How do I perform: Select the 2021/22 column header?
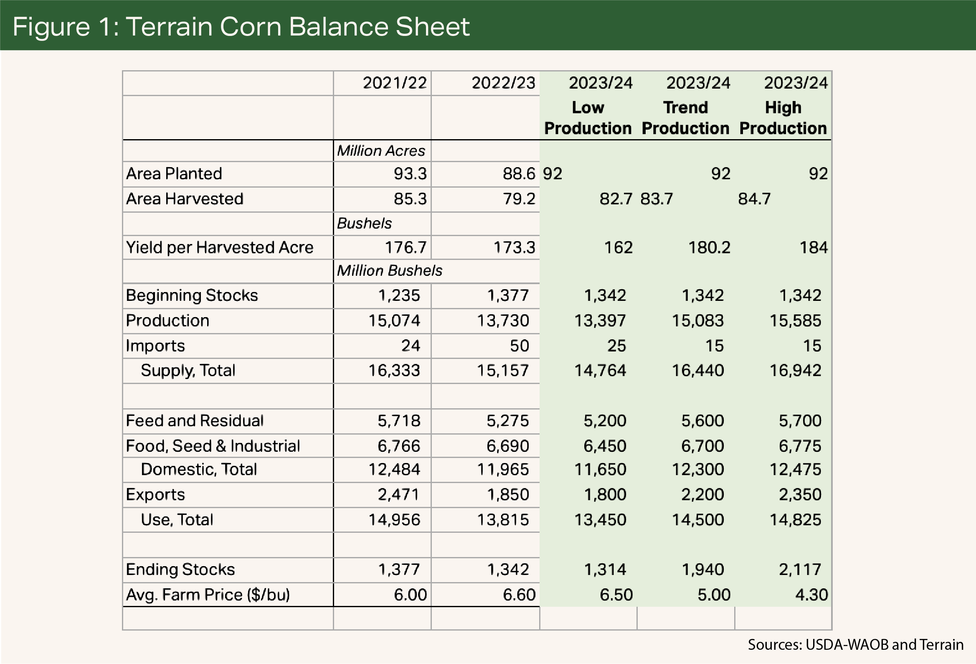[x=394, y=83]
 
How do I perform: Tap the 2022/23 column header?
[x=503, y=83]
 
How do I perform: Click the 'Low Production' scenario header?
[x=588, y=118]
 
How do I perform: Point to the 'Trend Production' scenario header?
[x=685, y=118]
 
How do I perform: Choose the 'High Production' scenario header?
[x=783, y=118]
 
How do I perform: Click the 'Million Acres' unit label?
[x=381, y=151]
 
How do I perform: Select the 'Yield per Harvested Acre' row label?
[x=220, y=247]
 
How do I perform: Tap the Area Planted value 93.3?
[x=410, y=174]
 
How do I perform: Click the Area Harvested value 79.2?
[x=519, y=199]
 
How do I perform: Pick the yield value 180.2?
[x=709, y=247]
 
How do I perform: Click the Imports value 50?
[x=519, y=346]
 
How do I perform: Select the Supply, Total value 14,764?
[x=600, y=371]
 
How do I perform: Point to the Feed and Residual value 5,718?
[x=398, y=421]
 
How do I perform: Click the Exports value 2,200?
[x=702, y=495]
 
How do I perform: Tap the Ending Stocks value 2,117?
[x=800, y=570]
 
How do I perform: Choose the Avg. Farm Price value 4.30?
[x=811, y=595]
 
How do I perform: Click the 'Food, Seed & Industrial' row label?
[x=213, y=446]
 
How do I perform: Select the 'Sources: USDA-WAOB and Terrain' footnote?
[x=855, y=645]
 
